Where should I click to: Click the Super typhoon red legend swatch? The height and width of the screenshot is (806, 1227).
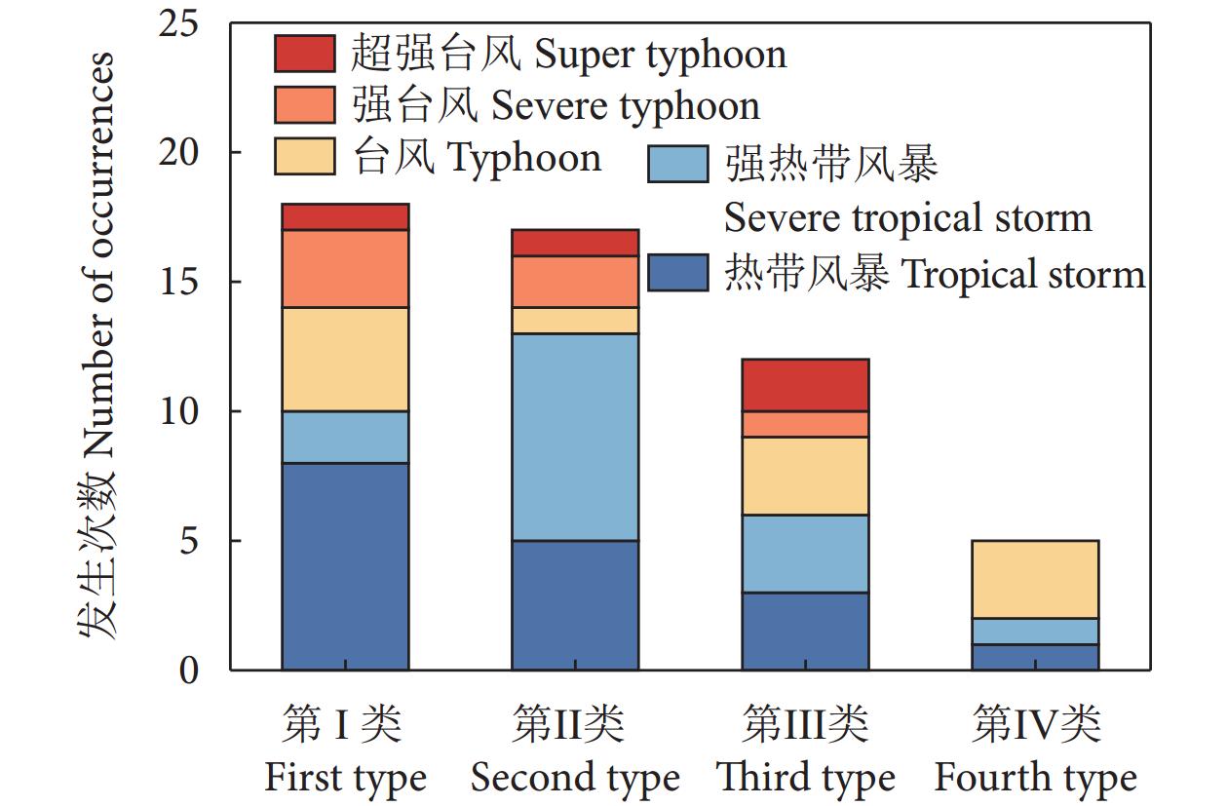tap(305, 54)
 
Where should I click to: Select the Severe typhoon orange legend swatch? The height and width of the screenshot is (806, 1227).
tap(305, 105)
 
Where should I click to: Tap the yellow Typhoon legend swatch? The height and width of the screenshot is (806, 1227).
tap(305, 157)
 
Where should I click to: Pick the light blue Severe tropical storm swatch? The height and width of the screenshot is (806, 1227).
tap(678, 164)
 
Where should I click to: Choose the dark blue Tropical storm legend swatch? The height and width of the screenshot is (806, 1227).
tap(678, 273)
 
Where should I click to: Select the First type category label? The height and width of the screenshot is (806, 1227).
tap(345, 777)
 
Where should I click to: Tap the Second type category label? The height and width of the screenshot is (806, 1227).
tap(575, 777)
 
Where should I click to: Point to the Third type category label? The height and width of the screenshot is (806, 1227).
tap(805, 777)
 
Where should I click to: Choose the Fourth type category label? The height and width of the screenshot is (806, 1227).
tap(1035, 777)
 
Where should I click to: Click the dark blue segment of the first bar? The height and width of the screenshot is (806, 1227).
tap(345, 566)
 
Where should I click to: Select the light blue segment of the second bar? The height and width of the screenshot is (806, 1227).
tap(575, 437)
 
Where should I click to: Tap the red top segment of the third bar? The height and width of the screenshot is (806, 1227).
tap(805, 385)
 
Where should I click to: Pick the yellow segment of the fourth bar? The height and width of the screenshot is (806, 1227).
tap(1035, 579)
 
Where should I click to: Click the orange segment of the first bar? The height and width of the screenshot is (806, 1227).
tap(345, 269)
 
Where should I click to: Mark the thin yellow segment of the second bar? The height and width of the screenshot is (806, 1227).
tap(575, 321)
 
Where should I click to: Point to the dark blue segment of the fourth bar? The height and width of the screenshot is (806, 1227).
tap(1035, 657)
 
